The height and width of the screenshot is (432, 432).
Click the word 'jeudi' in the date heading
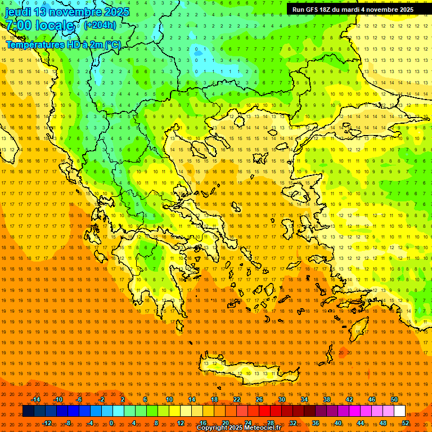[18, 12]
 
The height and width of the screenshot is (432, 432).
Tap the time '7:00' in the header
[17, 25]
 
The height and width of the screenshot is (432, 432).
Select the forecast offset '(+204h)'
[100, 25]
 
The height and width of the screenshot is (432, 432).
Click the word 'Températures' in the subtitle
[35, 44]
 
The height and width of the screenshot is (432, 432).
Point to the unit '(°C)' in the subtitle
[112, 44]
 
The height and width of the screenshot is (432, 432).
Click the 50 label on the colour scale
[394, 399]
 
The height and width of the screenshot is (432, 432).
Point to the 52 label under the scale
[406, 423]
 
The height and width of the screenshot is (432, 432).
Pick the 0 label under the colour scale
[111, 423]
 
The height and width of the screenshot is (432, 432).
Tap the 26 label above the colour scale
[259, 399]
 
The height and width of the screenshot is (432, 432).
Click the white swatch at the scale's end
[399, 411]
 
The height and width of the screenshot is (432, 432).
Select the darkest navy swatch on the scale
[28, 411]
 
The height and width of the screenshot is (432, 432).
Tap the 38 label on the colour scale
[327, 399]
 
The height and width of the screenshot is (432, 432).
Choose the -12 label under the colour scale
[47, 423]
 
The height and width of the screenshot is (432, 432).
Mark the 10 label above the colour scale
[169, 399]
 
